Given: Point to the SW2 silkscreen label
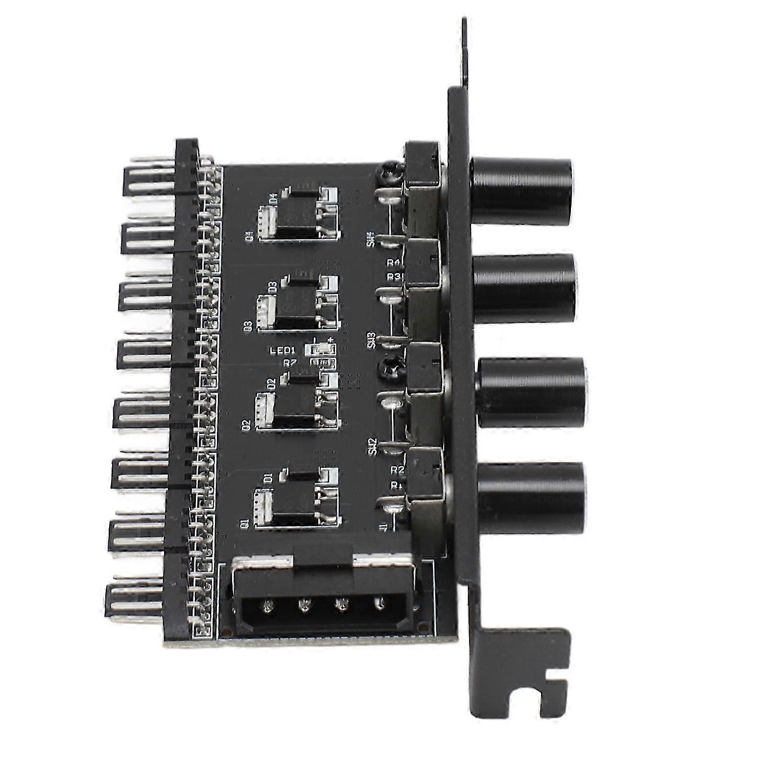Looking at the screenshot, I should [x=374, y=446].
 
